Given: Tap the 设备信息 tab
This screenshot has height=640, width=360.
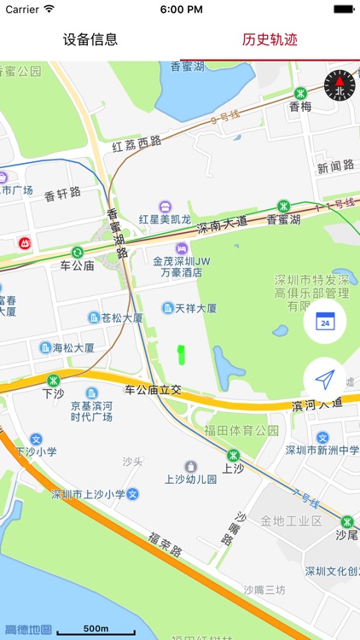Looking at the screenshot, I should click(90, 39).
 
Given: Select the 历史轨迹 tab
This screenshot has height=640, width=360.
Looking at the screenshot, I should click(270, 39).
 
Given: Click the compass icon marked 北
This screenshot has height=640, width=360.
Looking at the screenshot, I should click(340, 84).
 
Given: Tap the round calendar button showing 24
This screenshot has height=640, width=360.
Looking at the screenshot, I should click(324, 322).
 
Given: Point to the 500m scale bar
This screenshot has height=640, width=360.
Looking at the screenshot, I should click(95, 630).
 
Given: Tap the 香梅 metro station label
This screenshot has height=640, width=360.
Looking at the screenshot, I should click(300, 106).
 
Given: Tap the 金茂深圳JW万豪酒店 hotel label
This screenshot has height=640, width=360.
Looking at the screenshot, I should click(178, 266).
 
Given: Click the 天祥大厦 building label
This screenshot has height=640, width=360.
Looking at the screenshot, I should click(190, 307).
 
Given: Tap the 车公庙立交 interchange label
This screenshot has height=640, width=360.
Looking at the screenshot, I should click(154, 390).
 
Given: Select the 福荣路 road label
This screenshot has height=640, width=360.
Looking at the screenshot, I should click(165, 545).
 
